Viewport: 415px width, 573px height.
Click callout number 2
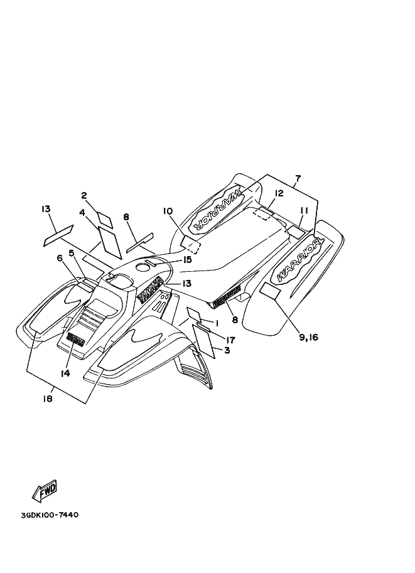point(84,195)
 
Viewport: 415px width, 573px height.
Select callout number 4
point(82,213)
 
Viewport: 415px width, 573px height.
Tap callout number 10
point(168,212)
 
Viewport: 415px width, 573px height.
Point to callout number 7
point(298,179)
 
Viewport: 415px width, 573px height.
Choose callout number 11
point(304,210)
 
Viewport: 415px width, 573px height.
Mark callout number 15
point(187,260)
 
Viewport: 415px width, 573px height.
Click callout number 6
point(60,258)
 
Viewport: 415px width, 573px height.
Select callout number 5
point(72,253)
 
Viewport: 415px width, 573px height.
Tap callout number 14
point(65,373)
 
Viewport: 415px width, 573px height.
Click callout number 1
point(215,323)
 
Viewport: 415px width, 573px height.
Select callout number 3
point(226,351)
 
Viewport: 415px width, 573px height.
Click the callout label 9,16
point(309,337)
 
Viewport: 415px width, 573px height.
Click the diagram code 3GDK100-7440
point(49,515)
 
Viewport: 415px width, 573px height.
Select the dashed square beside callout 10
point(190,244)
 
